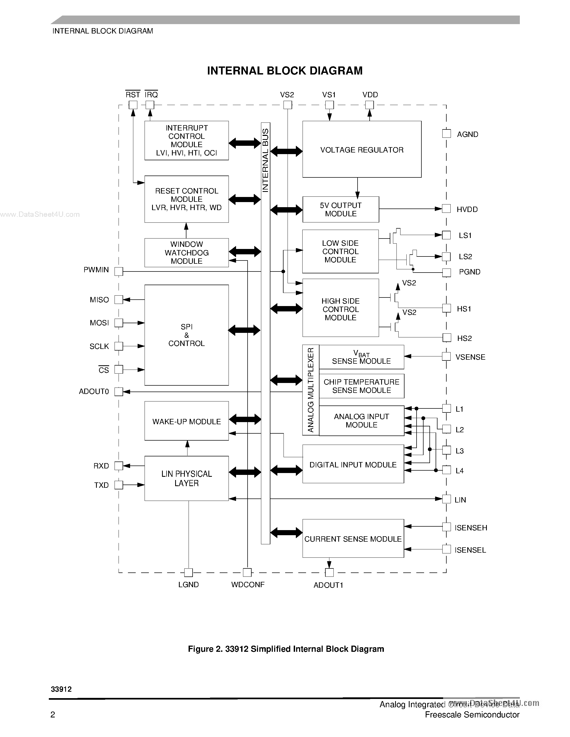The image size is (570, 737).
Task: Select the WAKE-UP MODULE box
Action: coord(186,421)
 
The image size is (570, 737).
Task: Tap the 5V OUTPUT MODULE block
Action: coord(340,209)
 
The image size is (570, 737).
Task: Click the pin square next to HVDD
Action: coord(446,209)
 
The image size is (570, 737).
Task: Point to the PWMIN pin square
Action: coord(119,271)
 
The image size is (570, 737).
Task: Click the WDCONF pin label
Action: coord(248,585)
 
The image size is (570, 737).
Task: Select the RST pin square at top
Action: coord(133,105)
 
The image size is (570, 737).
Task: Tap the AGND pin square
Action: coord(446,134)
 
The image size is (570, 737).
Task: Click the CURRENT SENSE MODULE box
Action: coord(353,539)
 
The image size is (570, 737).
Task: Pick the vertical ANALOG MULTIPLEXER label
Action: coord(311,390)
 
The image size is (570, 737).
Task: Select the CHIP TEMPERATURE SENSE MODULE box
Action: coord(361,386)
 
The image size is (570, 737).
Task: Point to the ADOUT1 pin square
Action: coord(329,572)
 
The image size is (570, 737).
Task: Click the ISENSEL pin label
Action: coord(470,550)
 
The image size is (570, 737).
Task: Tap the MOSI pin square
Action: coord(119,323)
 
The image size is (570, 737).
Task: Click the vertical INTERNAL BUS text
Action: coord(265,160)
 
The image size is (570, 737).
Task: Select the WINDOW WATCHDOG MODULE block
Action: coord(186,252)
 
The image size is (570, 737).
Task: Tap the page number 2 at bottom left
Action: coord(53,714)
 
